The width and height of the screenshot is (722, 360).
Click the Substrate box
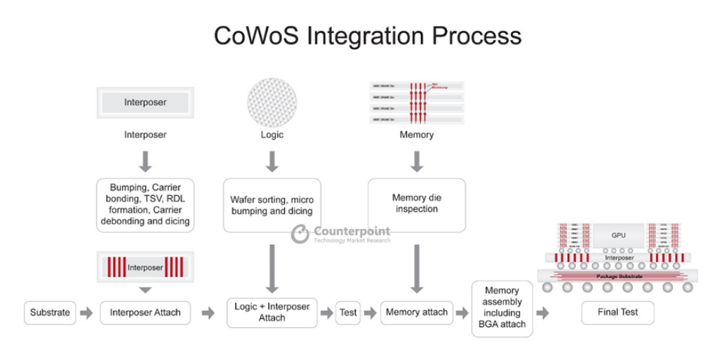pos(51,312)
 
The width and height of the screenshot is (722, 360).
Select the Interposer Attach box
pos(145,312)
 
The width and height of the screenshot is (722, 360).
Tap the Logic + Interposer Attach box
pos(272,312)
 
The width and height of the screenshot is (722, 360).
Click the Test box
pos(348,312)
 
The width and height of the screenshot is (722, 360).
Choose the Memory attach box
pos(417,312)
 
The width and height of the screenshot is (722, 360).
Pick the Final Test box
pos(617,313)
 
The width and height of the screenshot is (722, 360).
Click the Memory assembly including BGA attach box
pos(502,307)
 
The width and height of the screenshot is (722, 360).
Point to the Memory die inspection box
pos(416,204)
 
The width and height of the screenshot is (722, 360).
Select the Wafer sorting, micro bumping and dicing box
pos(272,205)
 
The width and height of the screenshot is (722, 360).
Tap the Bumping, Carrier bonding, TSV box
pos(145,205)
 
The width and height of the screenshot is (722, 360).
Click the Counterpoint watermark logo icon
pos(300,234)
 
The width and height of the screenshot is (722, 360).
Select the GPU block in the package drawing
pos(618,235)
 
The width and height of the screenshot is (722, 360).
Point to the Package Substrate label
pos(619,276)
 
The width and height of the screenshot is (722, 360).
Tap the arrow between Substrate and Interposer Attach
pos(86,313)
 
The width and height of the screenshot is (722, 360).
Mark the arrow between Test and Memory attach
pos(370,313)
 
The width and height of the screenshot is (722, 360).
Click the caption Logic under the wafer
pos(272,135)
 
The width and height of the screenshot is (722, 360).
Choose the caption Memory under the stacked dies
pos(417,135)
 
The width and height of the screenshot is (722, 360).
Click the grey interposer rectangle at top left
pos(145,102)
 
